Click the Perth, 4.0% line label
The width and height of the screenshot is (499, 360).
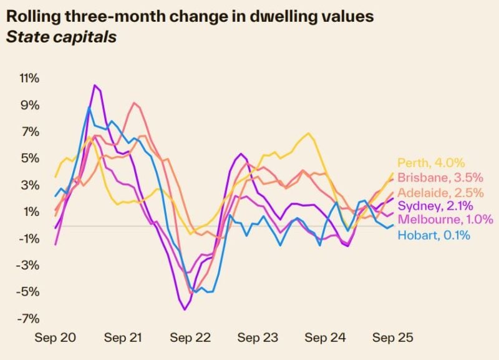(431, 163)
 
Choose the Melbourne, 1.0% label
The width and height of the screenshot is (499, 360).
(445, 220)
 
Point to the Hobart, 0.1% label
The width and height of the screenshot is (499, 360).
(434, 235)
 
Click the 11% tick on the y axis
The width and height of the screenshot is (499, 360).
(29, 79)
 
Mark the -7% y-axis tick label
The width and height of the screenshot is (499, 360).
(29, 319)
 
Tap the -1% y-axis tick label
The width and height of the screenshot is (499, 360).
(29, 239)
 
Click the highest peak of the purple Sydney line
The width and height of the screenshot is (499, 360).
(95, 85)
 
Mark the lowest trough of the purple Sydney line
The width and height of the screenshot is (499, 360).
(185, 309)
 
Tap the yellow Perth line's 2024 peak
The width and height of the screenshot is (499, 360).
(308, 133)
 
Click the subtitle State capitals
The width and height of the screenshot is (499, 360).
(61, 37)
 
